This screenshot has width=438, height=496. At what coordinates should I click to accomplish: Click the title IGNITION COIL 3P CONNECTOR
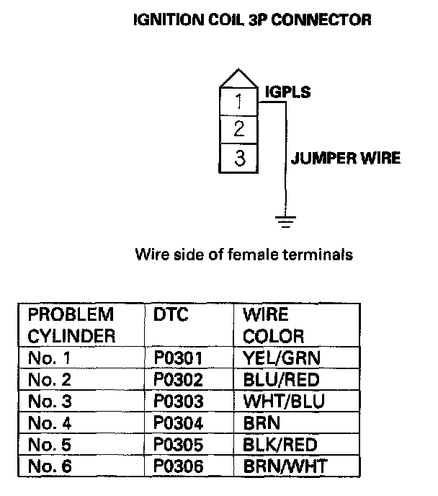coord(252,20)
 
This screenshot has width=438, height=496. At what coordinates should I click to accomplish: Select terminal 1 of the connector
coord(239,102)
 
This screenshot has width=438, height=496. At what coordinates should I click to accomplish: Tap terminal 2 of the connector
coord(239,130)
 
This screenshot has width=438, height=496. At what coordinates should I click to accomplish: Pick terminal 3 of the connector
coord(239,157)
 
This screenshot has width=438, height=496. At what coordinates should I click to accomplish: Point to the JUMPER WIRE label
coord(345,158)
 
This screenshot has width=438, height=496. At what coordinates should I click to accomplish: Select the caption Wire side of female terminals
coord(243,254)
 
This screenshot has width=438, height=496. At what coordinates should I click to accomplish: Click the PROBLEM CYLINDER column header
coord(72,325)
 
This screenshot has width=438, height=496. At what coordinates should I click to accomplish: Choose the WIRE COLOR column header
coord(273,325)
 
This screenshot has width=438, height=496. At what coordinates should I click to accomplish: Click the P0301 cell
coord(178,358)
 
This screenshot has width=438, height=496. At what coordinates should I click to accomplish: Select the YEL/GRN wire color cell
coord(282,358)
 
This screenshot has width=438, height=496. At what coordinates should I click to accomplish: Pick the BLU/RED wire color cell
coord(281,379)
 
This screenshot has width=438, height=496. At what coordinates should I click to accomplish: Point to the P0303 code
coord(178,401)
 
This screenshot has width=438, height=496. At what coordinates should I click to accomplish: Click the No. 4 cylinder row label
coord(50,423)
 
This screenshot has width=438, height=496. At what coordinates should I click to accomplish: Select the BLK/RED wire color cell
coord(280,445)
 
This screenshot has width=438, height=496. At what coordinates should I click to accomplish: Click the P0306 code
coord(178,466)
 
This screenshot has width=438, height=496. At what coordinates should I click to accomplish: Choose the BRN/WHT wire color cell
coord(285,466)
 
